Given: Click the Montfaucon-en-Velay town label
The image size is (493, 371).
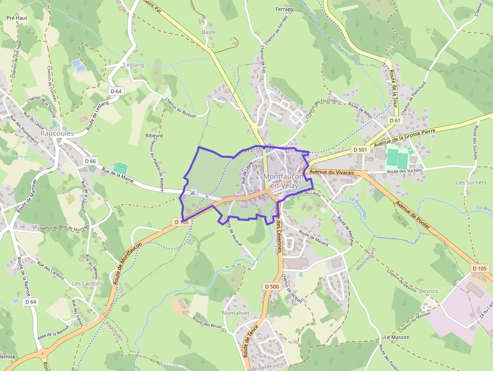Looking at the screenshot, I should (284, 181).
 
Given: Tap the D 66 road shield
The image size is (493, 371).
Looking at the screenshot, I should (91, 161).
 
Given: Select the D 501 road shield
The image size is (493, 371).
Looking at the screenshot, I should (360, 150).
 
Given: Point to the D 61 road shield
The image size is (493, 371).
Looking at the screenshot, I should (395, 120).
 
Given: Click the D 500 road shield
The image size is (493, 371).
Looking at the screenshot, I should (271, 286).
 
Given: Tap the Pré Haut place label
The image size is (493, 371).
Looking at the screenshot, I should (16, 17).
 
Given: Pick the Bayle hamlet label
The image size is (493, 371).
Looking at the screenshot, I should (208, 32).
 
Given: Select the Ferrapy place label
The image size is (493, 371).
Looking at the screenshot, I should (284, 9).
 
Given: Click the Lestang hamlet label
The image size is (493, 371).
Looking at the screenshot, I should (133, 65).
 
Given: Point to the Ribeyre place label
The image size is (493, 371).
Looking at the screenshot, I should (154, 135).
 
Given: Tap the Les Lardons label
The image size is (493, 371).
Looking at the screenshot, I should (88, 283).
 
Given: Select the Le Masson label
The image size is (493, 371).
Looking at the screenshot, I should (397, 337).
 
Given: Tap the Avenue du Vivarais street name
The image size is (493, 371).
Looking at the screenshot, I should (332, 172).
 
